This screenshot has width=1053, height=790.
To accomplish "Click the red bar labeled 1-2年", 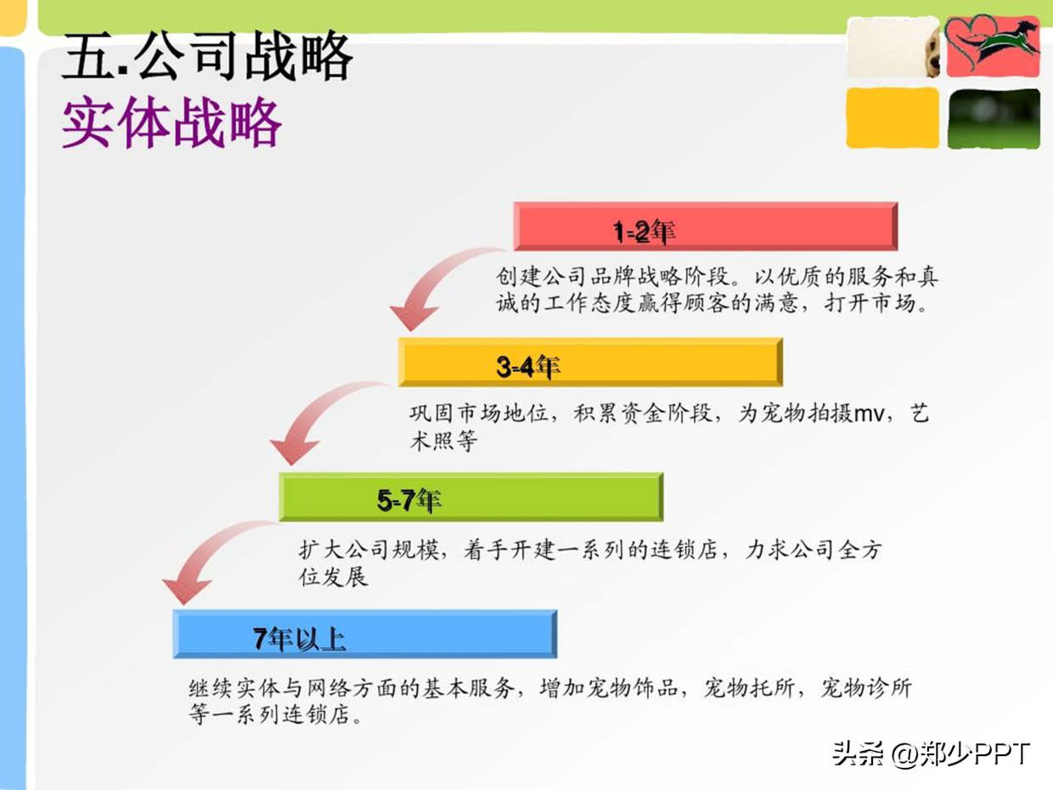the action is (705, 227).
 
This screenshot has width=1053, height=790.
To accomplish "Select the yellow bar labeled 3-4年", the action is (590, 362).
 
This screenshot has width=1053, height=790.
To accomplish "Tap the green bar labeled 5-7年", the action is (471, 497).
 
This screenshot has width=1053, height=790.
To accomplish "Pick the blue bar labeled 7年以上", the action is (365, 634).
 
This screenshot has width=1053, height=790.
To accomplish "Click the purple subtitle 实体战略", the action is (172, 121).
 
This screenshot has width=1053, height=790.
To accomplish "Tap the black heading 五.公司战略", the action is (208, 56).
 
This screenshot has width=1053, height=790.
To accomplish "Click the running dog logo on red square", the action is (993, 46).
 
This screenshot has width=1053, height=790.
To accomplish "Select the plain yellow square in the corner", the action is (893, 117).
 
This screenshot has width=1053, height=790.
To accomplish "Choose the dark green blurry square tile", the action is (994, 118).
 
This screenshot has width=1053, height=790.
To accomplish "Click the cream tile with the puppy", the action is (893, 47).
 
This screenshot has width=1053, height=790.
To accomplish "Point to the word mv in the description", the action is (870, 414).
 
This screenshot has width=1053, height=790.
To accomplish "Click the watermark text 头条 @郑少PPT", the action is (931, 754).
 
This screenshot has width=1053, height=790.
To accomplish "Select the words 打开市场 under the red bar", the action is (870, 303).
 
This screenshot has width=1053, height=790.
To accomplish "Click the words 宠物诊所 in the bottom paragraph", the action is (866, 688).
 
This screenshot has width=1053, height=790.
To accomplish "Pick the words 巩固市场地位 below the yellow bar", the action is (479, 413).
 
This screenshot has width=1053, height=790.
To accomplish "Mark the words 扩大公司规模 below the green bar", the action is (369, 550).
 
